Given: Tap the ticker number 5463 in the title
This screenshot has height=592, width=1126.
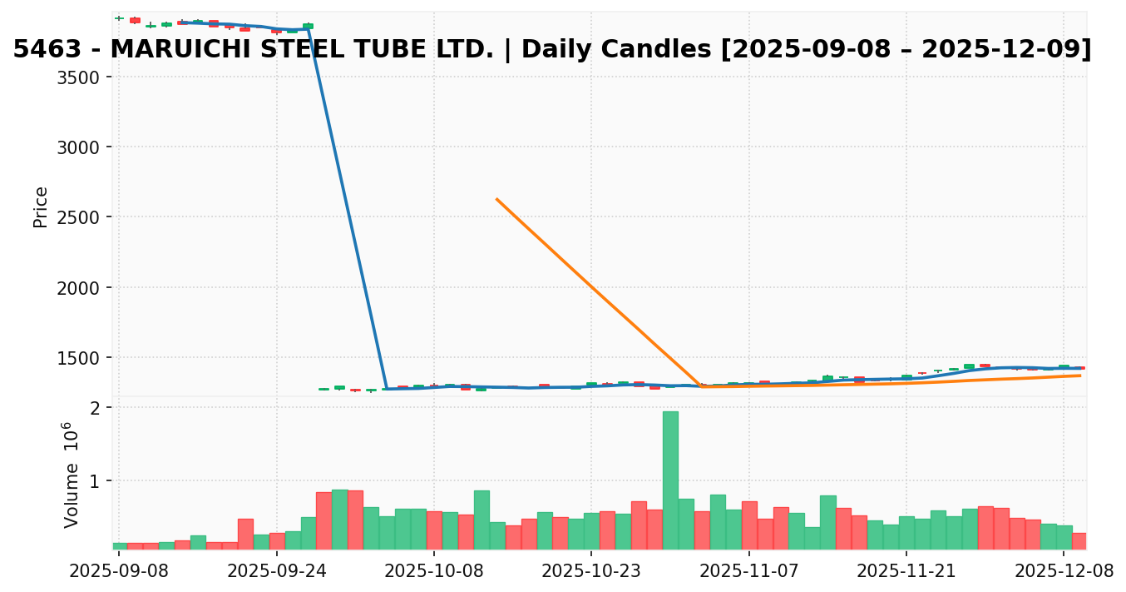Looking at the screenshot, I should (x=47, y=50).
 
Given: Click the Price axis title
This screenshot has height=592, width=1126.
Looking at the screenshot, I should (x=41, y=206).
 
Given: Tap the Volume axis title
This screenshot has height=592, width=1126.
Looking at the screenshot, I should (x=72, y=475).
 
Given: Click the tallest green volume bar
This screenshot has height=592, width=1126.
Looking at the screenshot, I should (x=670, y=480).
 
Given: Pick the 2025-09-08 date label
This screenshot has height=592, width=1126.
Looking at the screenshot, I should (x=119, y=572).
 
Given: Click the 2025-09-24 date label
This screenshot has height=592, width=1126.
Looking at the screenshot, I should (x=276, y=572).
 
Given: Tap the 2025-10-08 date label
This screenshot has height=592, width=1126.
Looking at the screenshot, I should (x=434, y=572).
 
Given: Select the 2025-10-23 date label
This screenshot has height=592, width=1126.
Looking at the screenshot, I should (x=591, y=572).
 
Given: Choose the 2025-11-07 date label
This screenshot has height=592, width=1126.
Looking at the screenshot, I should (x=749, y=572).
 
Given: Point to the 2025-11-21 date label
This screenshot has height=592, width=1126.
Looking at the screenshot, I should (x=906, y=572).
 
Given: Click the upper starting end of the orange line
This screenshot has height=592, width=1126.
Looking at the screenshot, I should (x=496, y=199).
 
